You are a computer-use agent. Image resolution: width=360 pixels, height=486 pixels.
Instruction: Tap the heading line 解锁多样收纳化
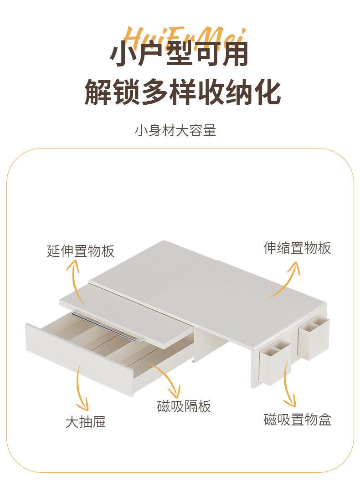182,92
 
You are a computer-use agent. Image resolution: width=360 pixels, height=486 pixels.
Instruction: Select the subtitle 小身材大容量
175,131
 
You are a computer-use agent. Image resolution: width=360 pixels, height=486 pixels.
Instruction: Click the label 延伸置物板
81,251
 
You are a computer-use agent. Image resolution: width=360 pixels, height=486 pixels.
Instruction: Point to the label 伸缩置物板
297,248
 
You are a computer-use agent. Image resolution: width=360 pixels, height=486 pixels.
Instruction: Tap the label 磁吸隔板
184,406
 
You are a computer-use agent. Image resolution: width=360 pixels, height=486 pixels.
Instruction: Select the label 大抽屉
86,422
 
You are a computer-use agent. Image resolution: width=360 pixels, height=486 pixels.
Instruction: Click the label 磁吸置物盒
297,419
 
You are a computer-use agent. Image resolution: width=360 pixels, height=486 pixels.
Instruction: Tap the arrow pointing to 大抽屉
82,387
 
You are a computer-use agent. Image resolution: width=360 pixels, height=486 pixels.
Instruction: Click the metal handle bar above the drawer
108,325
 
